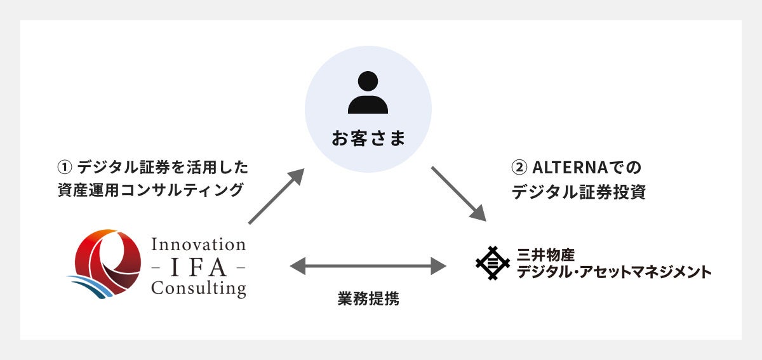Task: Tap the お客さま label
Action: (x=368, y=138)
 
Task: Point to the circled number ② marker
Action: (x=519, y=168)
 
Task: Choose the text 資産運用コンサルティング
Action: (x=150, y=190)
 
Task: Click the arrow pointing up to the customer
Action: (x=276, y=196)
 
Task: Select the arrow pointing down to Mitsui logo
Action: (x=458, y=194)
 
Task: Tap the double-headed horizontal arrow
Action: (x=368, y=265)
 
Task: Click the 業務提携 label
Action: (x=368, y=299)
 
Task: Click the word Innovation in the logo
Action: (x=198, y=244)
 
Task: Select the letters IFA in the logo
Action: (x=198, y=266)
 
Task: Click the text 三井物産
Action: (x=545, y=255)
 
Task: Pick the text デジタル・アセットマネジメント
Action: (x=614, y=272)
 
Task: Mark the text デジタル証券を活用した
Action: (x=163, y=168)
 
